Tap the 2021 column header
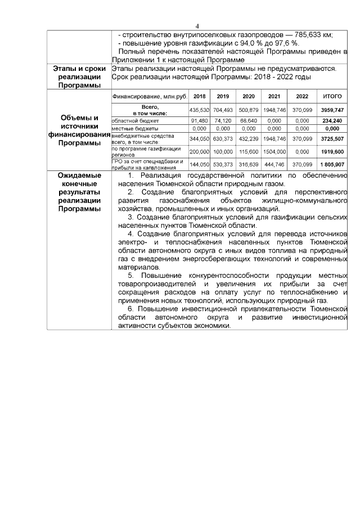(x=274, y=96)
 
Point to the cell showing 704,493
(x=223, y=110)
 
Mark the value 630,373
(x=223, y=138)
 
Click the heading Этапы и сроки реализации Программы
(x=79, y=77)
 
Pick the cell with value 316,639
(x=248, y=165)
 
